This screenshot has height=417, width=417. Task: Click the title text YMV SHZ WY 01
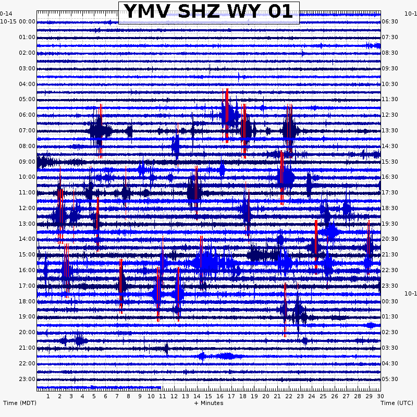click(x=208, y=12)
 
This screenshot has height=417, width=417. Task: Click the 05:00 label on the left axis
click(x=27, y=99)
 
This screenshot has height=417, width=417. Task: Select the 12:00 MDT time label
click(x=27, y=208)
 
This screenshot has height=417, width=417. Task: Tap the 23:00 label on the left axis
click(x=27, y=379)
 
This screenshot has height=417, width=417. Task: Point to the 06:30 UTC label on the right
click(x=390, y=21)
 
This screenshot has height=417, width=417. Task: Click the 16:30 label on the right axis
click(x=390, y=177)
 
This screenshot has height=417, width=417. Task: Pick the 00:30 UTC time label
click(x=390, y=301)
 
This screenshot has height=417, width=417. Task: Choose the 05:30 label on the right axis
click(x=390, y=379)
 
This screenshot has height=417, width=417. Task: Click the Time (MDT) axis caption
click(x=20, y=403)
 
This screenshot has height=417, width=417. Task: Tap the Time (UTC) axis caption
click(x=397, y=403)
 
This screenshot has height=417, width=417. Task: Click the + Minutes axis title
click(x=208, y=403)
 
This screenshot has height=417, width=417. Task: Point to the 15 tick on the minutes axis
click(x=208, y=396)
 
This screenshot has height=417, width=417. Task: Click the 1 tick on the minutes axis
click(x=48, y=396)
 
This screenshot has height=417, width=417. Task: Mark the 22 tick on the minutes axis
click(x=289, y=396)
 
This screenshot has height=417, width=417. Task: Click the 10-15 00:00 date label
click(x=18, y=21)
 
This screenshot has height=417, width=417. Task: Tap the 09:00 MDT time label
click(x=27, y=162)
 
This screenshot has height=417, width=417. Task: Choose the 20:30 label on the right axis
click(x=390, y=239)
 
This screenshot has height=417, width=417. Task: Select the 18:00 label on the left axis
click(x=27, y=301)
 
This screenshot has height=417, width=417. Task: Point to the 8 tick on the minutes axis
click(x=128, y=396)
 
